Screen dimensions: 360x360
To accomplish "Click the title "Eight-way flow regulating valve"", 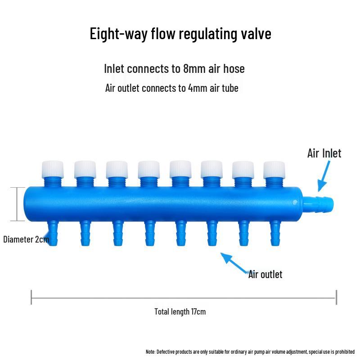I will coord(180,34).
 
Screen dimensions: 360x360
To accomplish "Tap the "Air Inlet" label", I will coord(324,153).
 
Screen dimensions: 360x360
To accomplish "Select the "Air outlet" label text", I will coord(265,274).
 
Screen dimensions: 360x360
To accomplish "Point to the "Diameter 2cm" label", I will coord(26,239).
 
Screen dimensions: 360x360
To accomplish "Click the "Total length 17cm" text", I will coord(180,311).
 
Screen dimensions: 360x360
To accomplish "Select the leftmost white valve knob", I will coord(53,169).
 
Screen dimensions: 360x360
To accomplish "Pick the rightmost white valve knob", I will coord(274,169).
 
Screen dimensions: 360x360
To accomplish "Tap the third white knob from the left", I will coord(117,169).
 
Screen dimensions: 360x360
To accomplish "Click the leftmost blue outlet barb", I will coord(53,233).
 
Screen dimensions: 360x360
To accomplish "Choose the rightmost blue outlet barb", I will coord(274,233).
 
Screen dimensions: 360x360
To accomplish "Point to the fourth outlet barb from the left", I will coord(148,233).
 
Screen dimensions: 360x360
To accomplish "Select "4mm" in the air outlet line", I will coord(198,88).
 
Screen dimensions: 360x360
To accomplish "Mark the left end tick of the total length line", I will coord(31,297).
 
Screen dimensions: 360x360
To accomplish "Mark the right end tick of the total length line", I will coord(336,297).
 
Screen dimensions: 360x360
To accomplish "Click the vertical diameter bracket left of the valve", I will coord(17,204).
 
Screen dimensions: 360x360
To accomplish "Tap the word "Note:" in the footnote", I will coord(151,351).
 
